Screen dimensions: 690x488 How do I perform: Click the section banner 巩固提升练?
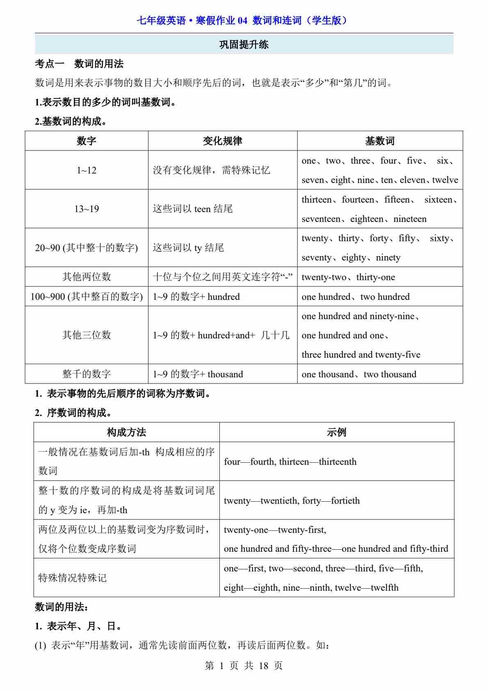[x=244, y=45]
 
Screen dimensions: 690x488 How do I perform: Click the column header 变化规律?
[x=222, y=141]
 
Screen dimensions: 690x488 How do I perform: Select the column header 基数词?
[x=380, y=141]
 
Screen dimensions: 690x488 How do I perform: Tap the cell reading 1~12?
[x=87, y=170]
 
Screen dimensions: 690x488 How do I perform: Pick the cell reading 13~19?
[x=87, y=209]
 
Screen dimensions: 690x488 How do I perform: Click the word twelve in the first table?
[x=445, y=180]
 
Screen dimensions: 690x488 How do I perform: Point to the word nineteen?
[x=410, y=219]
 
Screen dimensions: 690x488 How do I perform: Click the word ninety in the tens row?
[x=388, y=258]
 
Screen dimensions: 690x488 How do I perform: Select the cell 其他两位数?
[x=87, y=277]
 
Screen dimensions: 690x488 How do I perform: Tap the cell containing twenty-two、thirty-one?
[x=348, y=277]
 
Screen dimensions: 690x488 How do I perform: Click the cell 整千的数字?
[x=87, y=374]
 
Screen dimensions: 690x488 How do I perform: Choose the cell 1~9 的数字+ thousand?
[x=198, y=374]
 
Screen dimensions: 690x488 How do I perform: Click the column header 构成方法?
[x=126, y=432]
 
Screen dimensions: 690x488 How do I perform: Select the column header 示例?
[x=336, y=432]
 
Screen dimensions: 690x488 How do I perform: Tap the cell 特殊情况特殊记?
[x=73, y=578]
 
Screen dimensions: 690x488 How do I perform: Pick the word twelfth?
[x=384, y=588]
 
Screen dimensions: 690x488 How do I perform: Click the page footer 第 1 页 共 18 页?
[x=244, y=665]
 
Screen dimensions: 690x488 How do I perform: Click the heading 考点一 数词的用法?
[x=79, y=64]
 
